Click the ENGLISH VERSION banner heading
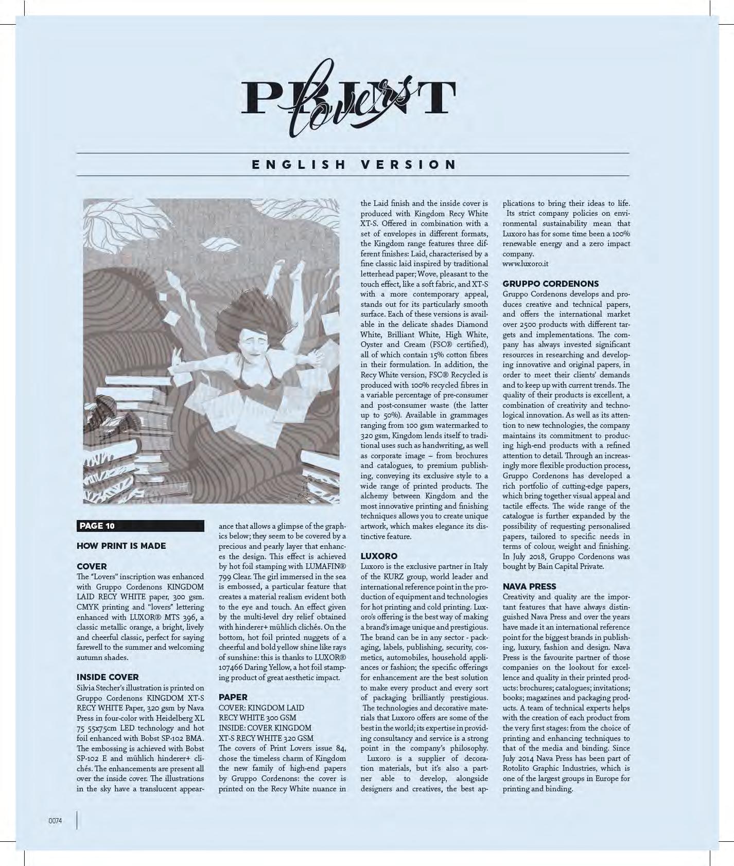coord(354,165)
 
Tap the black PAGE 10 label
coord(140,526)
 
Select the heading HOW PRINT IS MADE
coord(121,546)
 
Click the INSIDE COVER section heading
coord(108,677)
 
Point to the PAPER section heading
coord(233,697)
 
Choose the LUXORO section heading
coord(379,556)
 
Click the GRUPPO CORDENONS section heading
coord(551,284)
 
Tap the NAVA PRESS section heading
coord(530,586)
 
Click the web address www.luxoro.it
coord(525,264)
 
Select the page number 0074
coord(55,821)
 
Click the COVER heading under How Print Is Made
coord(92,566)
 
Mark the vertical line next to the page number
coord(77,820)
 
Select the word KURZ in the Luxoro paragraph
coord(406,577)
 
